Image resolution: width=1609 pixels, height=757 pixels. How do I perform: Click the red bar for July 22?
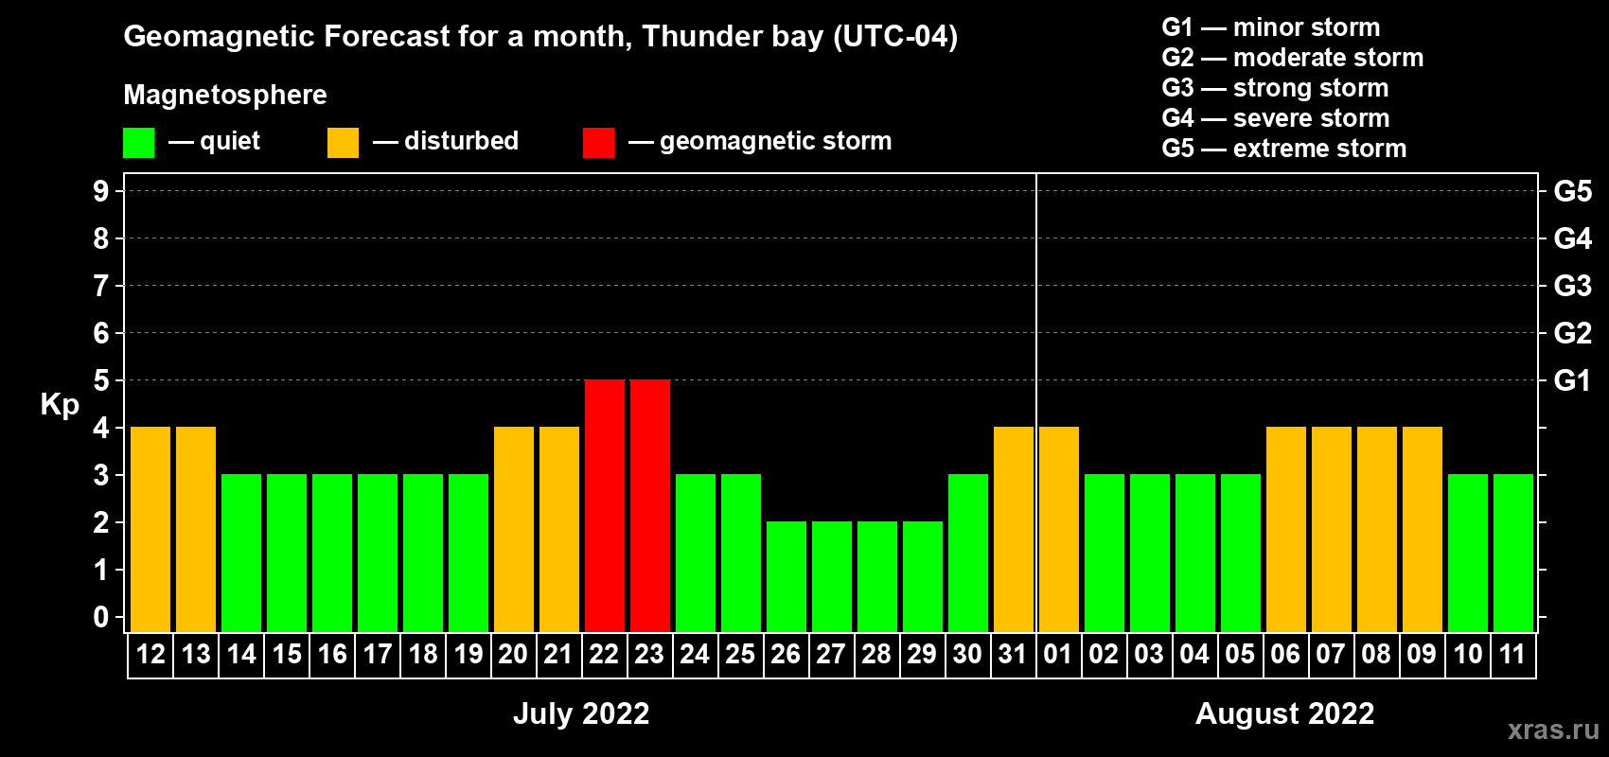[x=605, y=505]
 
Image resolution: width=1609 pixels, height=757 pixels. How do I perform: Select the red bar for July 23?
[x=650, y=505]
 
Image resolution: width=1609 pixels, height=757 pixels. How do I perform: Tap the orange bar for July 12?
[x=150, y=529]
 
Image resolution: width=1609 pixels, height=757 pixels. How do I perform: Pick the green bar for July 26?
[x=787, y=576]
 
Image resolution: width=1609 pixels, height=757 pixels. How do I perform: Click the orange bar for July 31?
[x=1014, y=529]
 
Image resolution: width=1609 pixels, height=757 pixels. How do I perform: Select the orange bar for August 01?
[x=1059, y=529]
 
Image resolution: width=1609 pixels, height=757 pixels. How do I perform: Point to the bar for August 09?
[x=1423, y=529]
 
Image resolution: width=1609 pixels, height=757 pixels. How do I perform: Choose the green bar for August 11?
[x=1513, y=553]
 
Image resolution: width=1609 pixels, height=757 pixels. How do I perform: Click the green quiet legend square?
[x=139, y=143]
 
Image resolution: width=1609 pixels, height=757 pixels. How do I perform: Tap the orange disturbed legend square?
[x=344, y=143]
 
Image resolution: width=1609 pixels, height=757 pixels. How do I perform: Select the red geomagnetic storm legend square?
[x=598, y=143]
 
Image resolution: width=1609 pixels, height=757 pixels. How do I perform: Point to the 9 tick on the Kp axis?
[x=101, y=191]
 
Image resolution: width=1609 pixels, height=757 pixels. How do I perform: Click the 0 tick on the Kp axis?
[x=101, y=618]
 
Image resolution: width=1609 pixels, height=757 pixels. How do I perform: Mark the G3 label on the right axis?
[x=1572, y=286]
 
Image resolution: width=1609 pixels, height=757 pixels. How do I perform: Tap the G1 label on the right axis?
[x=1572, y=380]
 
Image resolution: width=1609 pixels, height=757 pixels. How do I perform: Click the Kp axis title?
[x=60, y=405]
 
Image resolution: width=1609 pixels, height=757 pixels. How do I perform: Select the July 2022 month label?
[x=581, y=713]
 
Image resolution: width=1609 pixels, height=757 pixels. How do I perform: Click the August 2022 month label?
[x=1284, y=713]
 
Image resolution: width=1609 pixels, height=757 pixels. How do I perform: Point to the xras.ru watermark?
[x=1553, y=730]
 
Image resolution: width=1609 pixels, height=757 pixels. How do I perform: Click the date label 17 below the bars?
[x=378, y=654]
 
